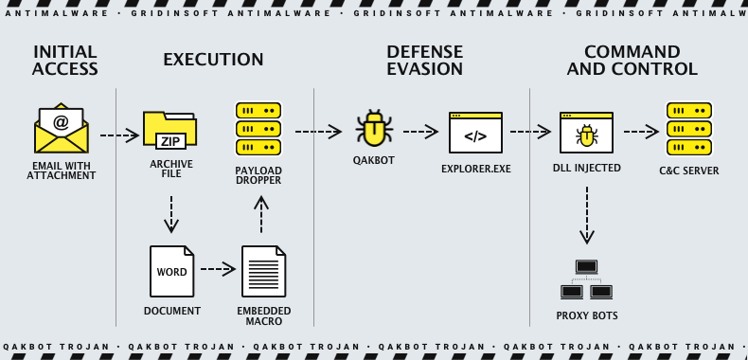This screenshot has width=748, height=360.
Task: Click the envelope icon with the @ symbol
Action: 61,130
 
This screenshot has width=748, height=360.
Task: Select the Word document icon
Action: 171,271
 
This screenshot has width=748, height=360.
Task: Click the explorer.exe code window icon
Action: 475,133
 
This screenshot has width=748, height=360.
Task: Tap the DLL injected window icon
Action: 586,133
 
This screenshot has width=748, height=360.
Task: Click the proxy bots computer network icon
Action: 586,280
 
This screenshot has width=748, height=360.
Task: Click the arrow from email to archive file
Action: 119,135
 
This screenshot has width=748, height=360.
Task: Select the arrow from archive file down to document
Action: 171,214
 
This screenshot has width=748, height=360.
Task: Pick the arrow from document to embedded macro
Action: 218,269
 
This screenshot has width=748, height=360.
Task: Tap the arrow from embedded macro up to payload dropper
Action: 261,214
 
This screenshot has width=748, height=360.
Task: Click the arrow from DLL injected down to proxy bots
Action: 587,215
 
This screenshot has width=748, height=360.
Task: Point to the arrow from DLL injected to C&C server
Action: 640,132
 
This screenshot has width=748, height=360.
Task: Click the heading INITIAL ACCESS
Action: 64,61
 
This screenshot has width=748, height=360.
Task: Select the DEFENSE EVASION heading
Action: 424,61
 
